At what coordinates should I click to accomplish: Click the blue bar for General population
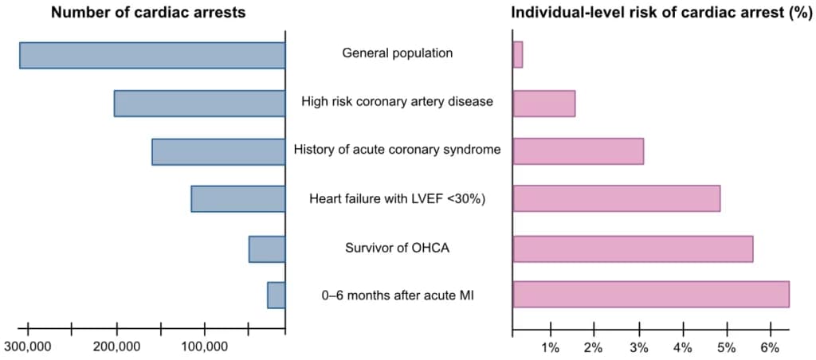point(152,55)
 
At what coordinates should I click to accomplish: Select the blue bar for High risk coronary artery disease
point(199,103)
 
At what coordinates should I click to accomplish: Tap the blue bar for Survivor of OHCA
point(267,249)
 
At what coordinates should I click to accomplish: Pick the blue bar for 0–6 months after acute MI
point(277,295)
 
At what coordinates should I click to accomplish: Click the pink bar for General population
point(518,55)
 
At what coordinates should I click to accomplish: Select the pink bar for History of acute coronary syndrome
point(579,151)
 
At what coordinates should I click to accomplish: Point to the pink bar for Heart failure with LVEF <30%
point(617,198)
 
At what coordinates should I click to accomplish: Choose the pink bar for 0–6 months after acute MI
point(651,295)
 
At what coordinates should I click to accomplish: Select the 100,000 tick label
point(205,346)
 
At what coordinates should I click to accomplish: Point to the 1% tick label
point(551,347)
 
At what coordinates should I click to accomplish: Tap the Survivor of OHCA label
point(398,248)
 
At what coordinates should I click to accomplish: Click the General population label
point(398,53)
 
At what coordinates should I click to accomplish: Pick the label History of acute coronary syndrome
point(398,151)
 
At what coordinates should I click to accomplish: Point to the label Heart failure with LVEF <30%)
point(398,199)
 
